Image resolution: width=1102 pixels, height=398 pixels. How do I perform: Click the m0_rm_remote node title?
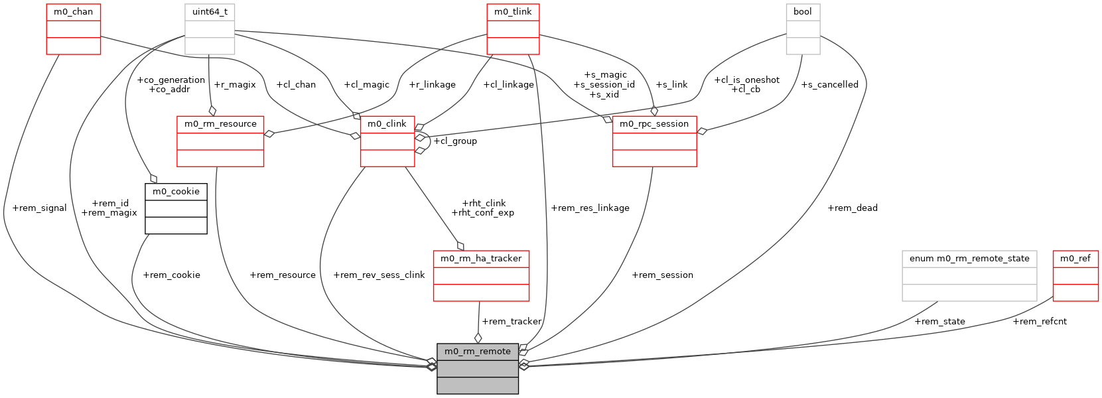(477, 352)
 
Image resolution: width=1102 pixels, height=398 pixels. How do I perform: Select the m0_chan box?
(73, 29)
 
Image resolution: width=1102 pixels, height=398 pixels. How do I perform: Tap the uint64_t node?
(210, 29)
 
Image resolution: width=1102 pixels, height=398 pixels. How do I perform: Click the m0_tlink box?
(513, 29)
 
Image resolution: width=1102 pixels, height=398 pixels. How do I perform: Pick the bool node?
(803, 29)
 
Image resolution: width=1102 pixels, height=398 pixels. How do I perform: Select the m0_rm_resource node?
(220, 141)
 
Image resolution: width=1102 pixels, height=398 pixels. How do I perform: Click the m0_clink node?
(387, 141)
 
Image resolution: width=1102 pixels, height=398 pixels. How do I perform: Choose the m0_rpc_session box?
(654, 141)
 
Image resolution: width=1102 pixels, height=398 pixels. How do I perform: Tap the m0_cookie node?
(176, 208)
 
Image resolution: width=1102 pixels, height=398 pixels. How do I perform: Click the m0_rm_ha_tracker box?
(481, 275)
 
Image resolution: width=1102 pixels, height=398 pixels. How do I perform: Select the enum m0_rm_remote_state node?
(969, 275)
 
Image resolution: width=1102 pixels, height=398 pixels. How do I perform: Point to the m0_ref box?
(1075, 275)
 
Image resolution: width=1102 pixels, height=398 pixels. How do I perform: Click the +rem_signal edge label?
(40, 208)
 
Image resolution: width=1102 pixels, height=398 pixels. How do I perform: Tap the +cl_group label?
(455, 141)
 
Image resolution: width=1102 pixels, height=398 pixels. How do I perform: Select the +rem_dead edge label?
(853, 208)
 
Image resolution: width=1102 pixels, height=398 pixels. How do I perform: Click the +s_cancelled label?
(829, 85)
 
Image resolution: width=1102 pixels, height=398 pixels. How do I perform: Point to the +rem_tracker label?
(512, 322)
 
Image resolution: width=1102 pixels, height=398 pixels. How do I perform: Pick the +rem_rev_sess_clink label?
(379, 275)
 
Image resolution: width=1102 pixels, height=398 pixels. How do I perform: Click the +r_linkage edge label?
(433, 85)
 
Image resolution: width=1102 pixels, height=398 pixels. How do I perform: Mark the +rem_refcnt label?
(1040, 322)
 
